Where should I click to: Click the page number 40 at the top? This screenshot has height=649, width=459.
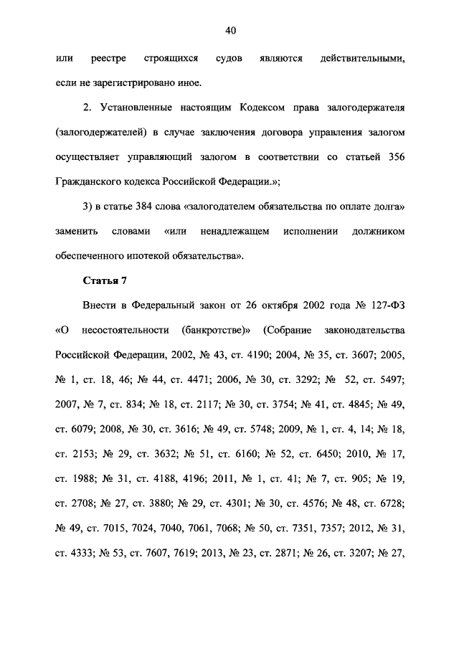coord(229,30)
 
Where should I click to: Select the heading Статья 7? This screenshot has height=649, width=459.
coord(103,279)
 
